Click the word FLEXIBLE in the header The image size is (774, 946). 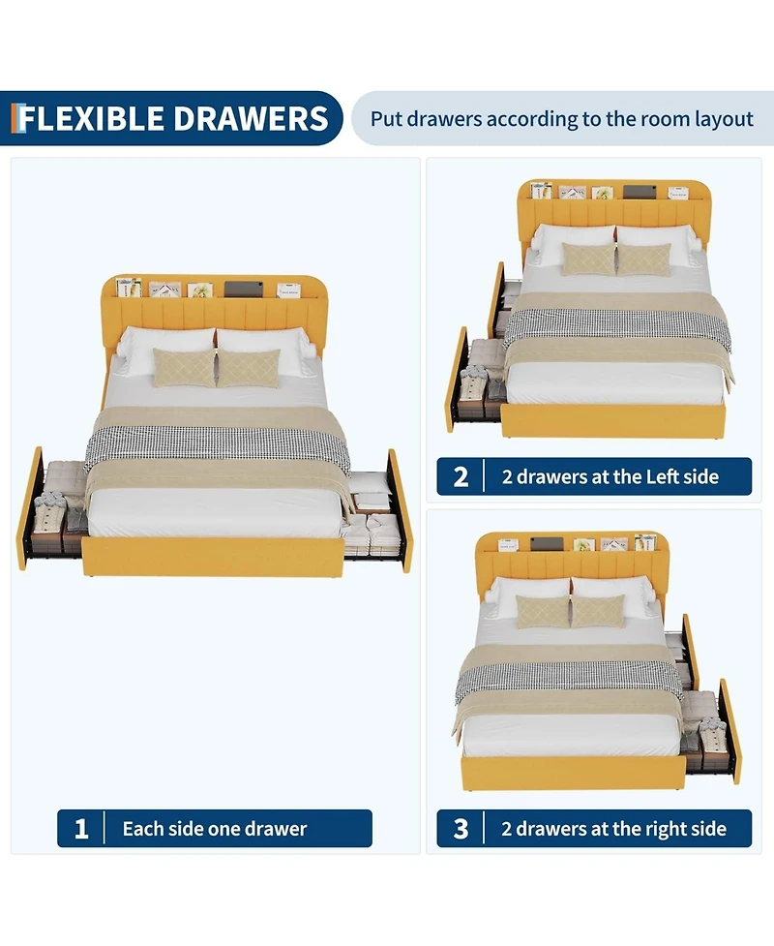(x=92, y=118)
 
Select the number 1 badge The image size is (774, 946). (x=81, y=829)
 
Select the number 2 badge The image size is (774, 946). (x=461, y=476)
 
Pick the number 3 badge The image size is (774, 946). (x=461, y=829)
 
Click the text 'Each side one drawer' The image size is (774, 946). (x=214, y=829)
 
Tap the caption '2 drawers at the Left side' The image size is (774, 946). (x=610, y=476)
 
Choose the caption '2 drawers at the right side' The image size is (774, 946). (x=613, y=829)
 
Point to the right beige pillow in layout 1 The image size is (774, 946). (x=248, y=368)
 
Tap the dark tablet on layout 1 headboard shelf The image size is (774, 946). (x=242, y=288)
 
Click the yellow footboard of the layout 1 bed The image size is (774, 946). (x=213, y=556)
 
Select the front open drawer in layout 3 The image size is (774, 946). (x=711, y=731)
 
